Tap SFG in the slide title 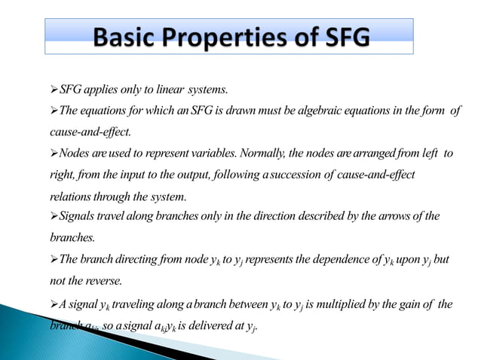click(344, 36)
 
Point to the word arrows click(394, 218)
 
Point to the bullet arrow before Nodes click(53, 153)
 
